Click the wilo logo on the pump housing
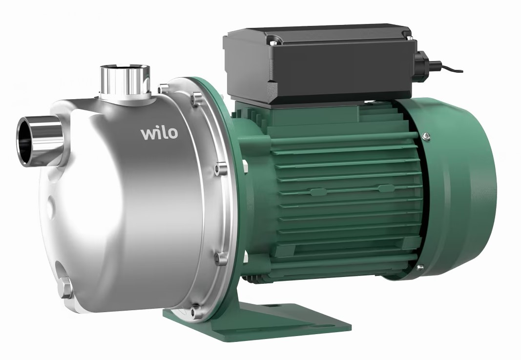coord(159,132)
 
